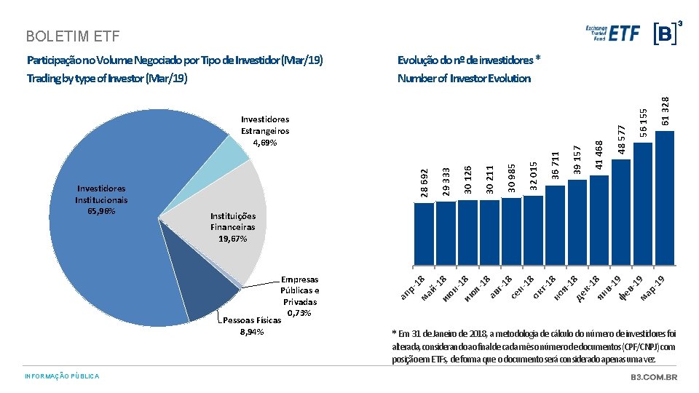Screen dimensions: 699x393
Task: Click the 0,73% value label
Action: [x=299, y=313]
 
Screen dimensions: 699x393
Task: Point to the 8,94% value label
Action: [x=252, y=332]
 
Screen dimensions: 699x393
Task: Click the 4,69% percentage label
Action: [x=265, y=143]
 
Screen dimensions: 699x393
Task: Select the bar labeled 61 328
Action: [x=665, y=198]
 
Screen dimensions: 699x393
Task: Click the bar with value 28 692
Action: [x=424, y=234]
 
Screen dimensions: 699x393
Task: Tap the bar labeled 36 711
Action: [x=555, y=226]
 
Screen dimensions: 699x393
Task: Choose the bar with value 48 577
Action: [x=621, y=213]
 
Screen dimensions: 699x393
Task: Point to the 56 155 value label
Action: [x=643, y=122]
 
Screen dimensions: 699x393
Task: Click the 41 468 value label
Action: [x=599, y=155]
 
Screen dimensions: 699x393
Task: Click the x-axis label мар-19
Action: [x=652, y=288]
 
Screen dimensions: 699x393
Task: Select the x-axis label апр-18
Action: [x=412, y=287]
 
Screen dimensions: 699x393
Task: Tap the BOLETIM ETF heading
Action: [x=73, y=36]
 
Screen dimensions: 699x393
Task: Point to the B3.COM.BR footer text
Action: [x=654, y=377]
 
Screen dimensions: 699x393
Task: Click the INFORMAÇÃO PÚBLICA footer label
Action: [x=62, y=376]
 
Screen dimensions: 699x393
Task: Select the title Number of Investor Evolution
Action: [x=464, y=79]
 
